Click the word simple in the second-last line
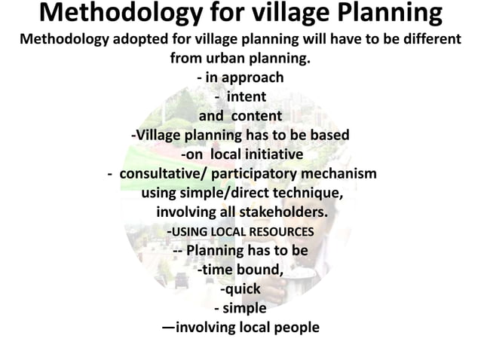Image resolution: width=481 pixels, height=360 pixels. pyautogui.click(x=244, y=308)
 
